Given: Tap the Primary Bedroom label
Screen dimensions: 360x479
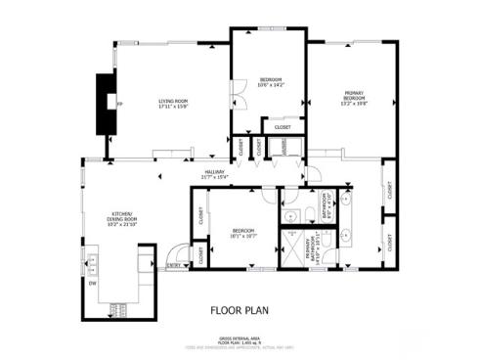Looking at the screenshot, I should coord(354,97).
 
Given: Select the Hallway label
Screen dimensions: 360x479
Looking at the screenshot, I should coord(214,174).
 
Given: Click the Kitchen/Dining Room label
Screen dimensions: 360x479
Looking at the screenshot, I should coord(123,216).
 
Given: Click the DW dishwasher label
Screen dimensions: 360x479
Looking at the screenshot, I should coord(93,285).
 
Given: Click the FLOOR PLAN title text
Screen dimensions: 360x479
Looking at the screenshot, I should coord(239,310).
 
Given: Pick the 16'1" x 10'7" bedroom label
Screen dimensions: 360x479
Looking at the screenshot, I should coord(230,233).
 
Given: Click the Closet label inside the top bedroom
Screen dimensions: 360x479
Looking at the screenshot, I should coord(283,127).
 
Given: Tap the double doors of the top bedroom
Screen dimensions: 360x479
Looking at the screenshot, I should coord(235,101).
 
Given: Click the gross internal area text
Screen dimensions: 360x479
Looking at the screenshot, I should coord(238,339).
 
